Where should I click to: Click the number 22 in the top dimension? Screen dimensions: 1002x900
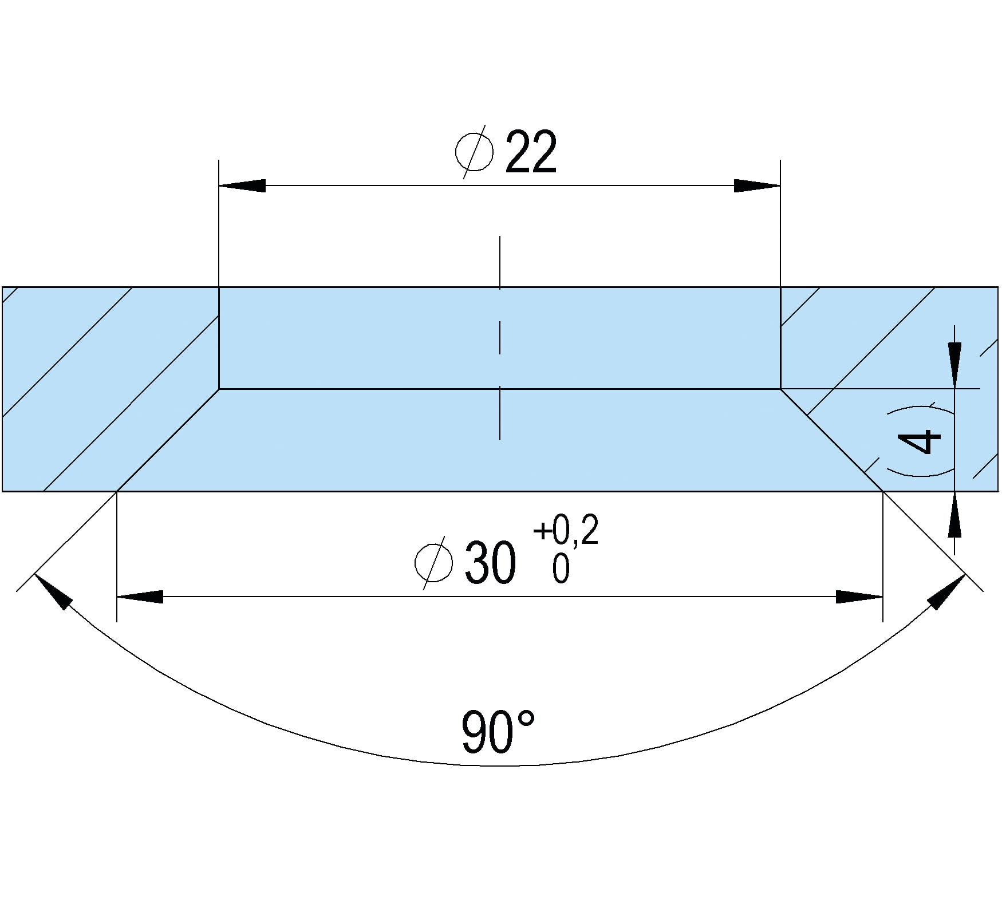[531, 152]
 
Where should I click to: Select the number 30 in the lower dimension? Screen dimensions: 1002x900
[490, 563]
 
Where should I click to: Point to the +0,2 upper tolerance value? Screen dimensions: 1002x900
[566, 530]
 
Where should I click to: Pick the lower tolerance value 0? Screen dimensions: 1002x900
[561, 569]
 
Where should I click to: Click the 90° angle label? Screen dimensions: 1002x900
[498, 732]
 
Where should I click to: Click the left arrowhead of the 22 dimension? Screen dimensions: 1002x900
[242, 185]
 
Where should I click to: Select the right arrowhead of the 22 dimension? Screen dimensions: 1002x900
[757, 185]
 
